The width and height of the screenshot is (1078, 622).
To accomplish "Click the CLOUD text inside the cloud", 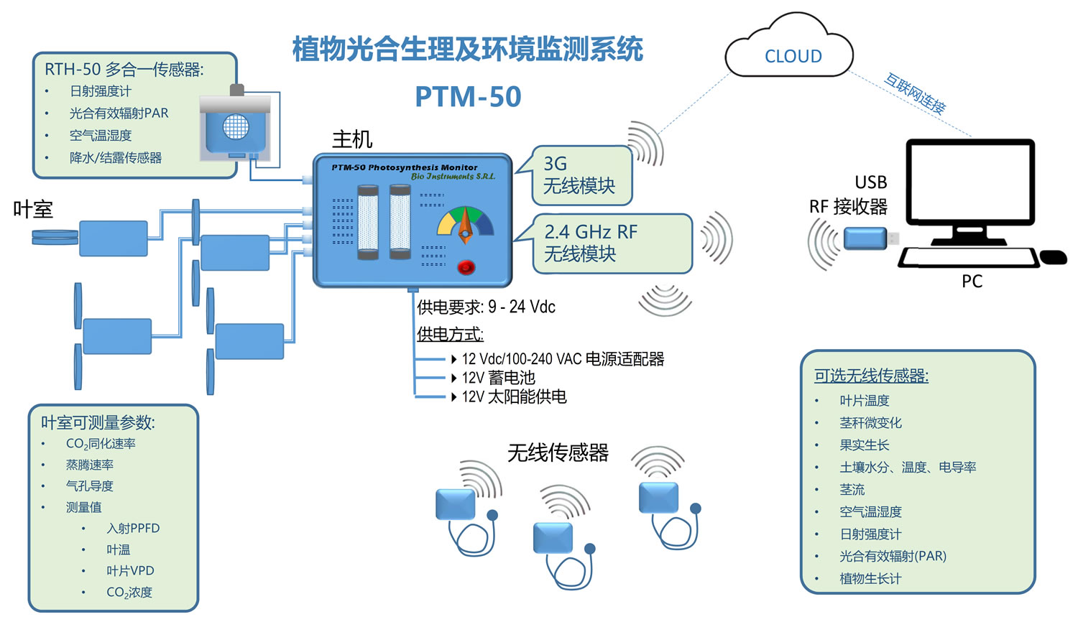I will tap(793, 57).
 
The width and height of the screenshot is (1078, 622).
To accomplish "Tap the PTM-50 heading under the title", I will tap(468, 97).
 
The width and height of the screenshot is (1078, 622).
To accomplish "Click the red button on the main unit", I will tap(466, 267).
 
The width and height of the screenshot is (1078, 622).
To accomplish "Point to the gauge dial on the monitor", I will tap(465, 223).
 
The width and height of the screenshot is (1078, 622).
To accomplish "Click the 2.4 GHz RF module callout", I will tap(611, 243).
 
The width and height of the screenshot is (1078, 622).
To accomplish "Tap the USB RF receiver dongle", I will tap(865, 238).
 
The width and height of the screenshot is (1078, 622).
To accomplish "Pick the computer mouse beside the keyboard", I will tap(1053, 256).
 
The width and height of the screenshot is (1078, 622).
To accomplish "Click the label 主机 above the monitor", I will tap(352, 139).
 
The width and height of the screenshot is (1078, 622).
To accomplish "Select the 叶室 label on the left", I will tap(33, 210).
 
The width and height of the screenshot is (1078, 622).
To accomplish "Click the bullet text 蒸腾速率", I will tap(90, 465).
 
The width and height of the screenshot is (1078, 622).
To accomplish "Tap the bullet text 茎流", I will tap(852, 490).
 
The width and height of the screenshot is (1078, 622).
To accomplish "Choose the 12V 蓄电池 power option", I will tap(498, 378).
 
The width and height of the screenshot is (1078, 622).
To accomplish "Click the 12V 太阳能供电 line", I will tap(513, 396).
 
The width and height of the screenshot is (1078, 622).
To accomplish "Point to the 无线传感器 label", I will tap(558, 452).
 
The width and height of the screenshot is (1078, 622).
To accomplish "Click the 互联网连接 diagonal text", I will tap(914, 93).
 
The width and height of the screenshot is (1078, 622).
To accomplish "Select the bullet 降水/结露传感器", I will tap(116, 157).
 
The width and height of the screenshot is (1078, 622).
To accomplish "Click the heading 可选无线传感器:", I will tap(871, 376).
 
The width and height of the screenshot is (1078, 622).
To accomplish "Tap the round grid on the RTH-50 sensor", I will tap(236, 127).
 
